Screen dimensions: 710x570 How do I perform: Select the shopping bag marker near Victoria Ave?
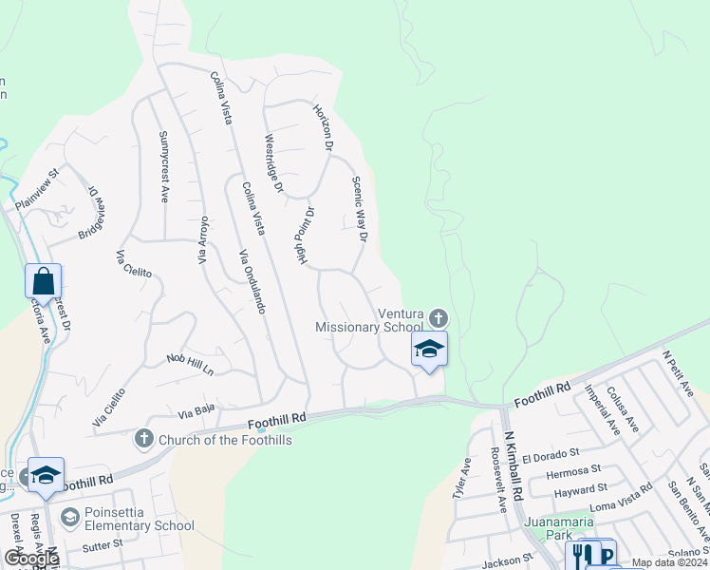(44, 282)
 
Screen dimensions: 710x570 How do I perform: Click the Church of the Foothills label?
(225, 440)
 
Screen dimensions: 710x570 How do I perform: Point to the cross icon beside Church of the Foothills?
(143, 439)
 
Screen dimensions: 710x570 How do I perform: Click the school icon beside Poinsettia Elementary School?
(68, 518)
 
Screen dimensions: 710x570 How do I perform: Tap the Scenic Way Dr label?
(359, 209)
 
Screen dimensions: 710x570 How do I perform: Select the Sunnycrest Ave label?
(163, 167)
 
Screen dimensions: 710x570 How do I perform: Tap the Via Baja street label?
(197, 410)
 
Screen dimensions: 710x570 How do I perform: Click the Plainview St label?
(36, 189)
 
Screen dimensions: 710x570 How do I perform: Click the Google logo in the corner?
(31, 559)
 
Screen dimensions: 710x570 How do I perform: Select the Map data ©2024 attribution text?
(668, 562)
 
